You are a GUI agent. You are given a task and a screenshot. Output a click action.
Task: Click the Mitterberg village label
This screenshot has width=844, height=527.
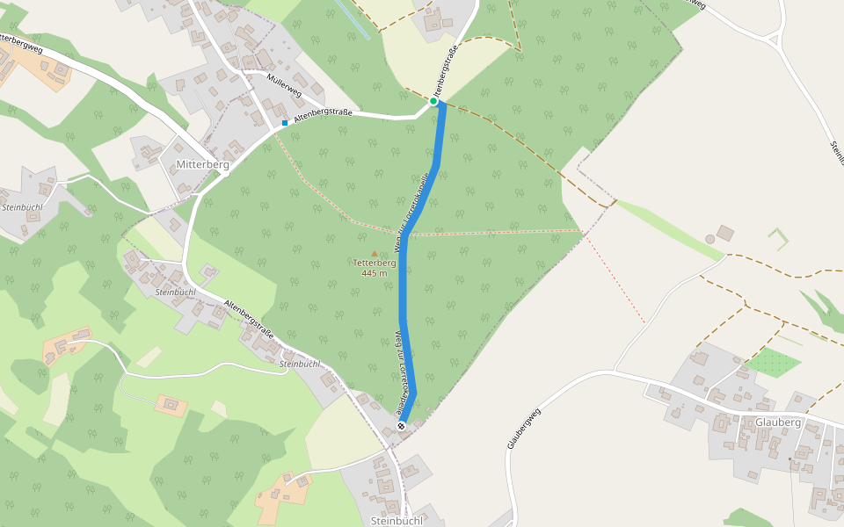(202, 164)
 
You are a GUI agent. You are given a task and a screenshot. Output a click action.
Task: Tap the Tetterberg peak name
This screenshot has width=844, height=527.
(375, 263)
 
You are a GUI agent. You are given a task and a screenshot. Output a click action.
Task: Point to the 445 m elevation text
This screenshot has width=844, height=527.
(375, 273)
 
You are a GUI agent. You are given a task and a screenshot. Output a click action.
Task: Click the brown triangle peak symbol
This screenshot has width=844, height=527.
(375, 253)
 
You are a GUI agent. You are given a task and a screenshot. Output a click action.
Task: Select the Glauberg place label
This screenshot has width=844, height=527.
(777, 422)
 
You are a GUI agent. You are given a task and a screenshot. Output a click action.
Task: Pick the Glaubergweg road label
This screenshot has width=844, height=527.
(522, 429)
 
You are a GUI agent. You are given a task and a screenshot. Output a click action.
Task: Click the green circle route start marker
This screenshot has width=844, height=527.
(433, 102)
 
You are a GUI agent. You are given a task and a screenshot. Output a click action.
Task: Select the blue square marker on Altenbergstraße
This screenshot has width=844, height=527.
(285, 123)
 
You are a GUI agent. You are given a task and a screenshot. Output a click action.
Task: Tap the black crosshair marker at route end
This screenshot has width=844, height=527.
(402, 426)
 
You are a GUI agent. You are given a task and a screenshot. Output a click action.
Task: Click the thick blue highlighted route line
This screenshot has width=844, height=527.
(404, 290)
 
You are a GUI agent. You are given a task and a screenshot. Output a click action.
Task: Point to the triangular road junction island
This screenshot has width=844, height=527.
(774, 39)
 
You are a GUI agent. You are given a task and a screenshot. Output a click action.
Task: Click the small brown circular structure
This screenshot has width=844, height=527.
(710, 239)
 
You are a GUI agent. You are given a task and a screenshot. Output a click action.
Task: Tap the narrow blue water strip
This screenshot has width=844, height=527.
(353, 19)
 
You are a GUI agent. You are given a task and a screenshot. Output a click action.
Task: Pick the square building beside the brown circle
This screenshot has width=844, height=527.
(725, 233)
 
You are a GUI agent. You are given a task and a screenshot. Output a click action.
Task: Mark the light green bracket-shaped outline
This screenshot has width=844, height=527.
(778, 237)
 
